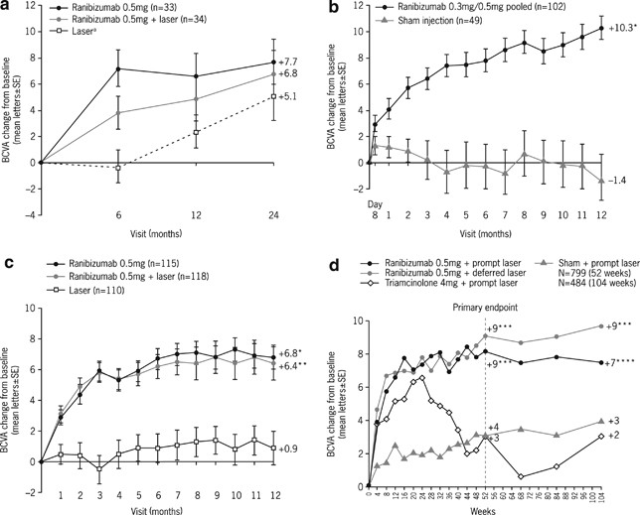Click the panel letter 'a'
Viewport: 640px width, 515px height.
coord(8,8)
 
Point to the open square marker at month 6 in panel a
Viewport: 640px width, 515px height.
coord(118,168)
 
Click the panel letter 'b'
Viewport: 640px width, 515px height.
coord(333,8)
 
